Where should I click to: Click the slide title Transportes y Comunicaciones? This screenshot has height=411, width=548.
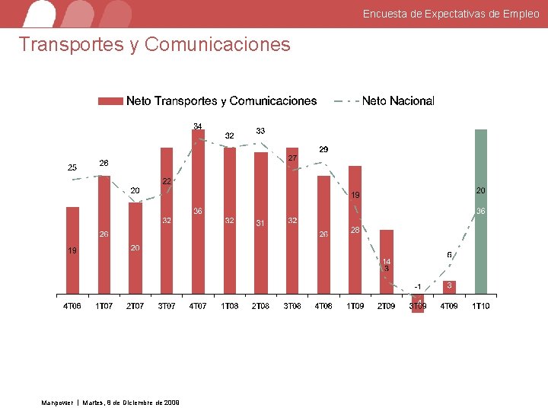tap(155, 44)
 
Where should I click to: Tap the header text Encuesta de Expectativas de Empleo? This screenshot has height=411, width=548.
tap(451, 14)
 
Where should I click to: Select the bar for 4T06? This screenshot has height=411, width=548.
tap(72, 250)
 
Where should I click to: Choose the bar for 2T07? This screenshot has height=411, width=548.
tap(135, 248)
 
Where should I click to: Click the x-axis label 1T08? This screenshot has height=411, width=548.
tap(229, 306)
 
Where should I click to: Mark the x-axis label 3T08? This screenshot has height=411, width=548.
tap(292, 306)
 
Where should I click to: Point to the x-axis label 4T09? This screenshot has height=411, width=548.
tap(449, 306)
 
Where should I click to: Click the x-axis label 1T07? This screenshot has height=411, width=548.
tap(104, 306)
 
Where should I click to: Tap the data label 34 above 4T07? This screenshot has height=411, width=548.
tap(197, 126)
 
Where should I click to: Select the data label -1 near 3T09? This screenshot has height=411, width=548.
tap(417, 285)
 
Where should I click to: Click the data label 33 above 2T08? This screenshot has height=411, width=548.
tap(260, 131)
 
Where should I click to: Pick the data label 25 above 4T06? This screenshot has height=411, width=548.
tap(72, 167)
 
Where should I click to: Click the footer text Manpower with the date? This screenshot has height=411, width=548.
tap(110, 402)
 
